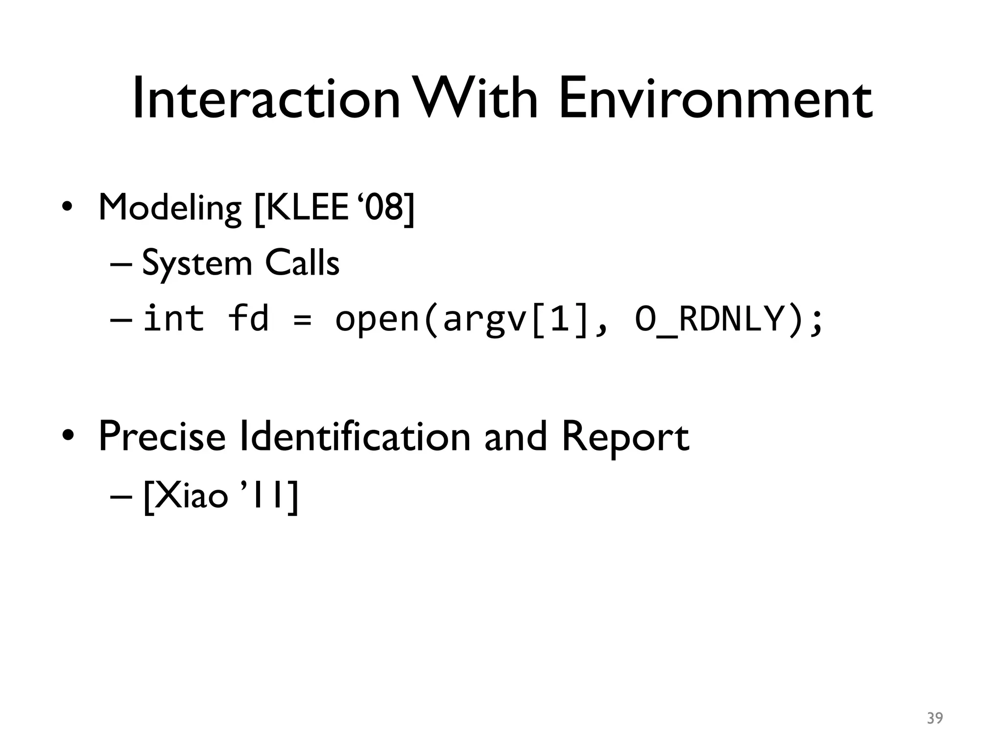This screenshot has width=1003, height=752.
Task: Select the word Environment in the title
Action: coord(715,99)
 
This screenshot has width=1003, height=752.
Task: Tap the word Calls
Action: coord(302,263)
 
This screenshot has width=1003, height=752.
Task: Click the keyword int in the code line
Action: coord(173,318)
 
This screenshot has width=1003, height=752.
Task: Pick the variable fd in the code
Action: coord(249,318)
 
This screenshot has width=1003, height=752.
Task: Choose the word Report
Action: coord(625,437)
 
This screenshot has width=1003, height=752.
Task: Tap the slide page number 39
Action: coord(934,718)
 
